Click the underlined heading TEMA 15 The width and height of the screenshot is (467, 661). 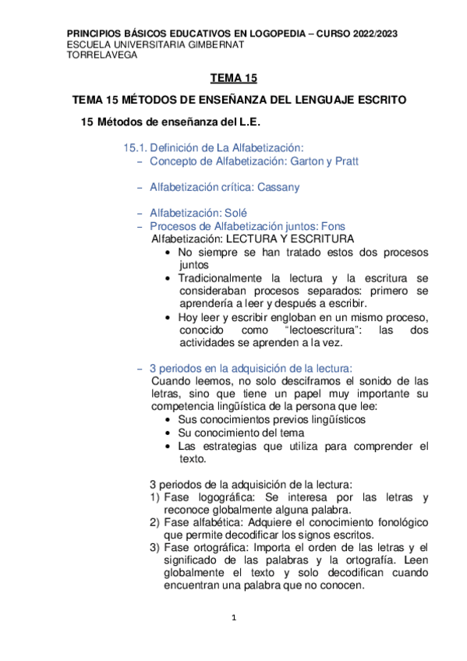233,79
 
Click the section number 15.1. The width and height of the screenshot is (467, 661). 135,147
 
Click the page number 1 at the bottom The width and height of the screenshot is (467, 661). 234,618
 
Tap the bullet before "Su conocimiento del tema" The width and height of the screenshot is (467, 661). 169,433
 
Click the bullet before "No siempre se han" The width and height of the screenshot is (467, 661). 169,253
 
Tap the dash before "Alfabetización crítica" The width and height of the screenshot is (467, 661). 140,188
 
